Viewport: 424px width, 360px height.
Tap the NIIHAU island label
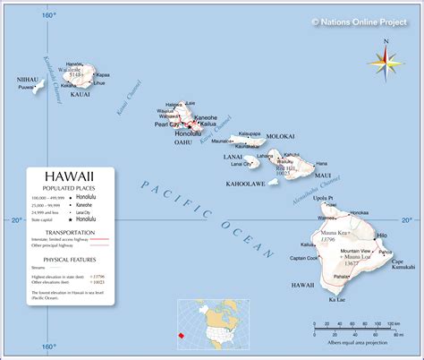pos(29,80)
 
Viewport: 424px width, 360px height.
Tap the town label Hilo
pos(382,235)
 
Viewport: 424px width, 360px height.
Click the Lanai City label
pos(241,164)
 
